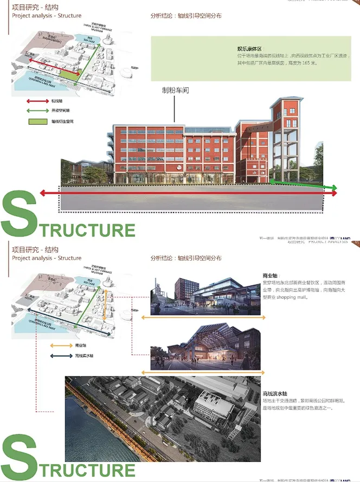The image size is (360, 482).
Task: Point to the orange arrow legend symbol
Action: pos(61,345)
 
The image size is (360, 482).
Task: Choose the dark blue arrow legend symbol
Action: pos(61,356)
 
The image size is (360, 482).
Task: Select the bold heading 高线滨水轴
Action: pos(274,394)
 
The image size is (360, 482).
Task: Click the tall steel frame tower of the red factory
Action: pos(285,136)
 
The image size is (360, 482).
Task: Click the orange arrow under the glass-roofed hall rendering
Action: pos(203,372)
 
